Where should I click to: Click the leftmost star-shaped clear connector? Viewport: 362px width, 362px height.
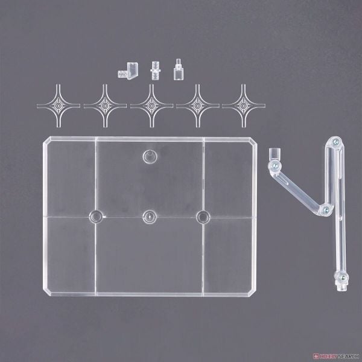coord(59,106)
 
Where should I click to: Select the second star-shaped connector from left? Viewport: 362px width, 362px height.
coord(105,106)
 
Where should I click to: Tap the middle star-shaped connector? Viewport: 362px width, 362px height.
coord(151,106)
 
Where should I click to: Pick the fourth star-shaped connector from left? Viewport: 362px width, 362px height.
coord(198,106)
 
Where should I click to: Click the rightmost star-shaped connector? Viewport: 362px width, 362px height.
coord(244,106)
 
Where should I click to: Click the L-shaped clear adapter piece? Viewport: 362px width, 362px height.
coord(129,71)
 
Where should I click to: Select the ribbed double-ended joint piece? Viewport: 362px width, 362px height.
coord(156,71)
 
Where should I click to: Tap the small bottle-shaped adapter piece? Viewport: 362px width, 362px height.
coord(179,70)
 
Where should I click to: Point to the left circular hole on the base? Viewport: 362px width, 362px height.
coord(96,217)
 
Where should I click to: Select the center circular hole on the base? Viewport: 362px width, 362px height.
coord(150,217)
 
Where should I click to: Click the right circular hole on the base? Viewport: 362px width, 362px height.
coord(203,217)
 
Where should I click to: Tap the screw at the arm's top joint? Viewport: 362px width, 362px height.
coord(335,141)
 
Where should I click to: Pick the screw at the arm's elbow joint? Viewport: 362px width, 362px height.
coord(326,210)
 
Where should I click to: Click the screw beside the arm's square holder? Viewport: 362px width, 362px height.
coord(275,165)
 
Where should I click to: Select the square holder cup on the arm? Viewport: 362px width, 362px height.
coord(275,154)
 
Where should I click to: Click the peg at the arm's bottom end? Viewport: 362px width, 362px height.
coord(342,288)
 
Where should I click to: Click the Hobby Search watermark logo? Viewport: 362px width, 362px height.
coord(337,356)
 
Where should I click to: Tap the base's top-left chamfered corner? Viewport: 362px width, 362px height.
coord(47,140)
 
